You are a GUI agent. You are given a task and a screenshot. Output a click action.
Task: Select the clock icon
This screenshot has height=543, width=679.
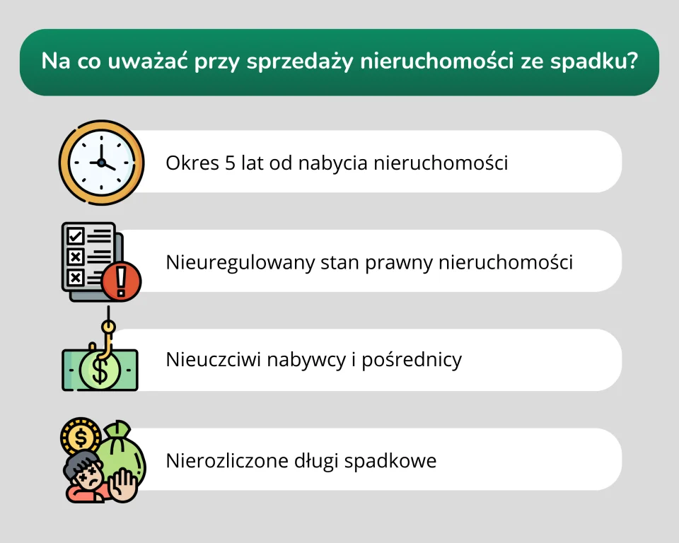tap(101, 162)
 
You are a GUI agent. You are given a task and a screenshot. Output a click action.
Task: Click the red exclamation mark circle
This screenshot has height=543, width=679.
tap(121, 281)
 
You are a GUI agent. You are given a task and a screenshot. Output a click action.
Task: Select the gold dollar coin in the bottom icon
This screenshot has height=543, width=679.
tap(80, 436)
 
